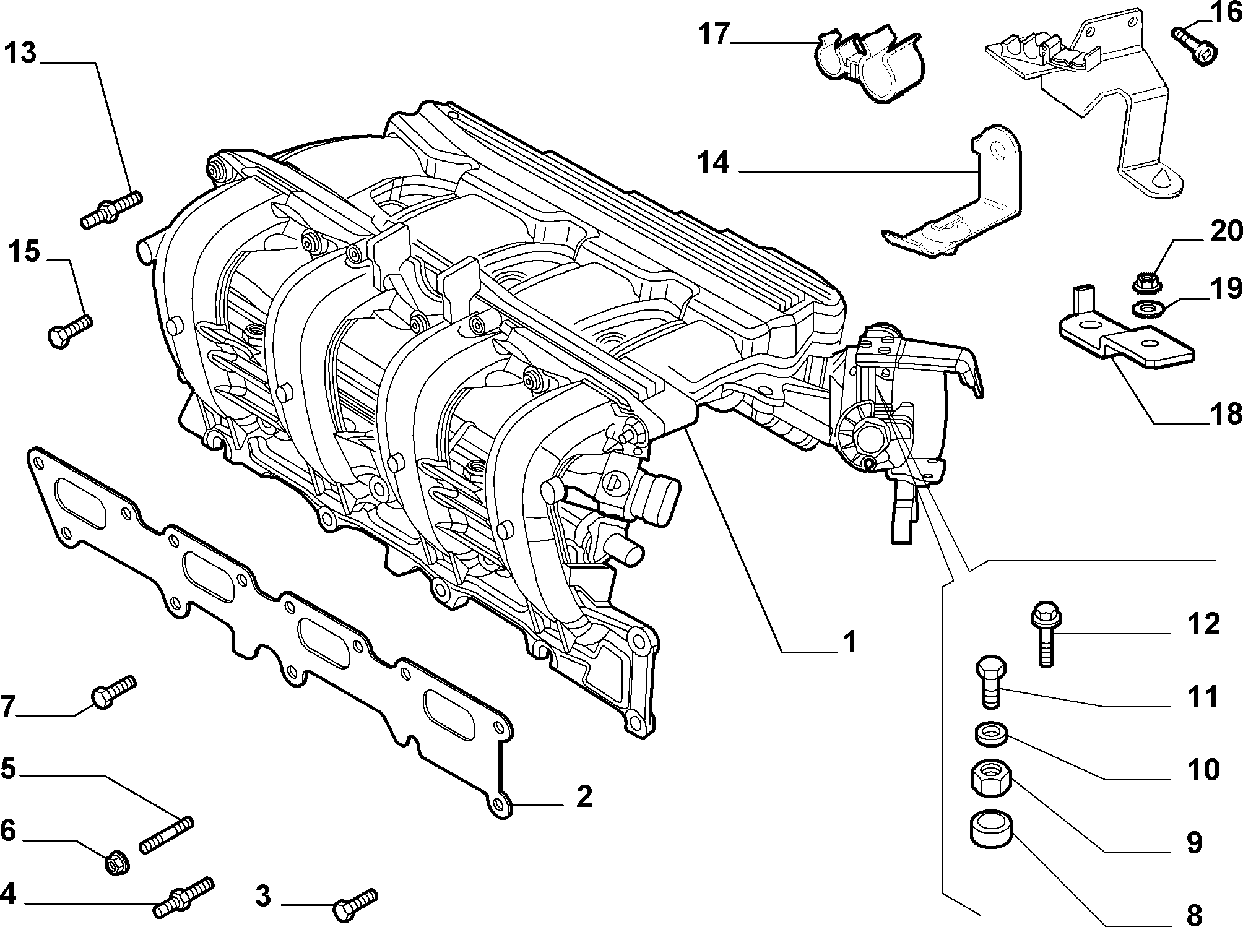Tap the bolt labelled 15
click(x=69, y=331)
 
